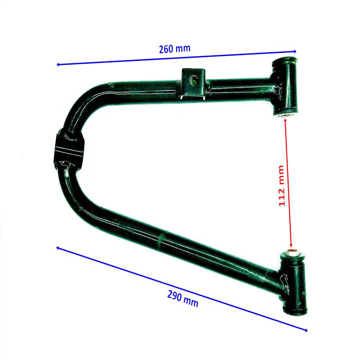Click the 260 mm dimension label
click(175, 49)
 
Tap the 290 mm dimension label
click(183, 298)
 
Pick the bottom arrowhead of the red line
click(291, 246)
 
